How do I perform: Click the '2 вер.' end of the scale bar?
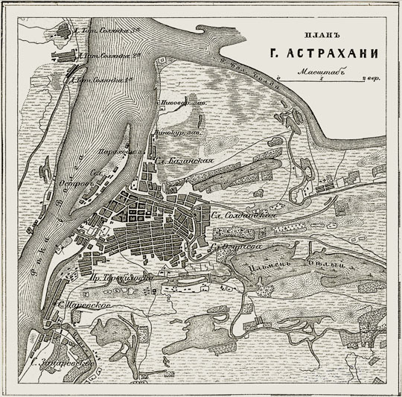(367, 77)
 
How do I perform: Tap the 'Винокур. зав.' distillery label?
(168, 133)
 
